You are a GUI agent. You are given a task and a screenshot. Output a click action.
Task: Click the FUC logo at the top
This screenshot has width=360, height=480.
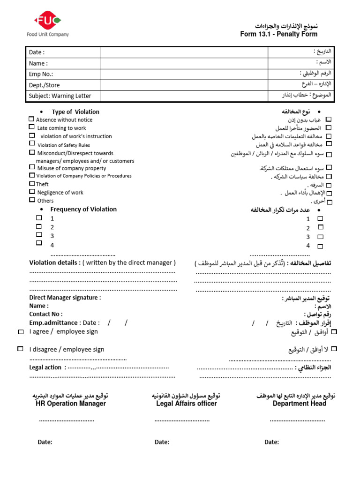47,21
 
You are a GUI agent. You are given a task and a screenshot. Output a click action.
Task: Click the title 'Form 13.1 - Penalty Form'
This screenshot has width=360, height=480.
278,34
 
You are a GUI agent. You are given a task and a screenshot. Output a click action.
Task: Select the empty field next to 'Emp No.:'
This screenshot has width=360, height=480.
184,74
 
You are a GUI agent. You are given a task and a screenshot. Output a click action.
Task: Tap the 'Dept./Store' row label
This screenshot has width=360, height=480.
45,85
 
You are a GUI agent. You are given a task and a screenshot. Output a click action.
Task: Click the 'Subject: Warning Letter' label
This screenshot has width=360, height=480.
60,96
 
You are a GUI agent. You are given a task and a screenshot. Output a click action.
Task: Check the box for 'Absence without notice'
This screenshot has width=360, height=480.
31,120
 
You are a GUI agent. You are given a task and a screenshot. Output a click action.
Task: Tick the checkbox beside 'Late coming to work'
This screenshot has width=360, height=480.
31,127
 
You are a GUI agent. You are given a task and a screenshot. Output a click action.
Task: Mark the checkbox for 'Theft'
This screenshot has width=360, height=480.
32,184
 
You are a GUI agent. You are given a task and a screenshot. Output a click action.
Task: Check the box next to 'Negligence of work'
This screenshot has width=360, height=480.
32,192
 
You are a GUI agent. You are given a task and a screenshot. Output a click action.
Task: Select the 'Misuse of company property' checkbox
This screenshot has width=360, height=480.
32,167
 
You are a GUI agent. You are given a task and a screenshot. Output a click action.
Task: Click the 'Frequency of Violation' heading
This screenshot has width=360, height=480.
83,210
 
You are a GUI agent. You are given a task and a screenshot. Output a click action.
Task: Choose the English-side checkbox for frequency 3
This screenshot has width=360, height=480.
39,235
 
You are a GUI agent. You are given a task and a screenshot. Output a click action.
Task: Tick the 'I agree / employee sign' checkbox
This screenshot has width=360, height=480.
20,332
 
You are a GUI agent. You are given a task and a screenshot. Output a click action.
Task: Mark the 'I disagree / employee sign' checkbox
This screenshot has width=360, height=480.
20,349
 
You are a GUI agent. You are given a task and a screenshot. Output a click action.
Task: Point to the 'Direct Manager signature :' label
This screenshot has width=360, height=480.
65,298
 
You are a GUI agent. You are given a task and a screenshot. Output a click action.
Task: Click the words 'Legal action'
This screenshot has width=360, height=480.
45,367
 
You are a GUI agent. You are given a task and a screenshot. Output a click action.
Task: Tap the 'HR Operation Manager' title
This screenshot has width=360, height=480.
71,404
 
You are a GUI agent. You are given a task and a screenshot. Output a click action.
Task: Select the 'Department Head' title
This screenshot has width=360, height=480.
300,404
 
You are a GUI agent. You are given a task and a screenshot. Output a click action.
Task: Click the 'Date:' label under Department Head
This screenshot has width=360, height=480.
271,442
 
